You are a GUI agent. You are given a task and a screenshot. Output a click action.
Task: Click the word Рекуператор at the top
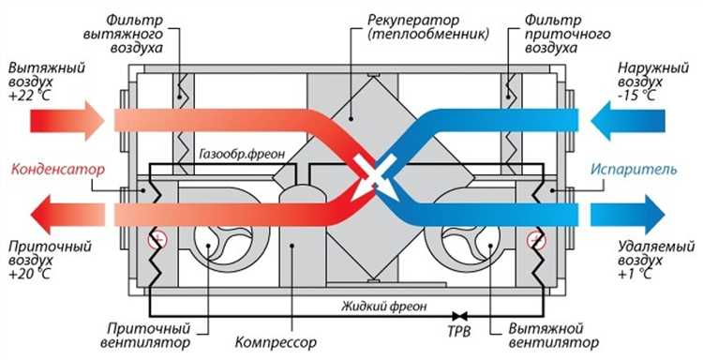(409, 19)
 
